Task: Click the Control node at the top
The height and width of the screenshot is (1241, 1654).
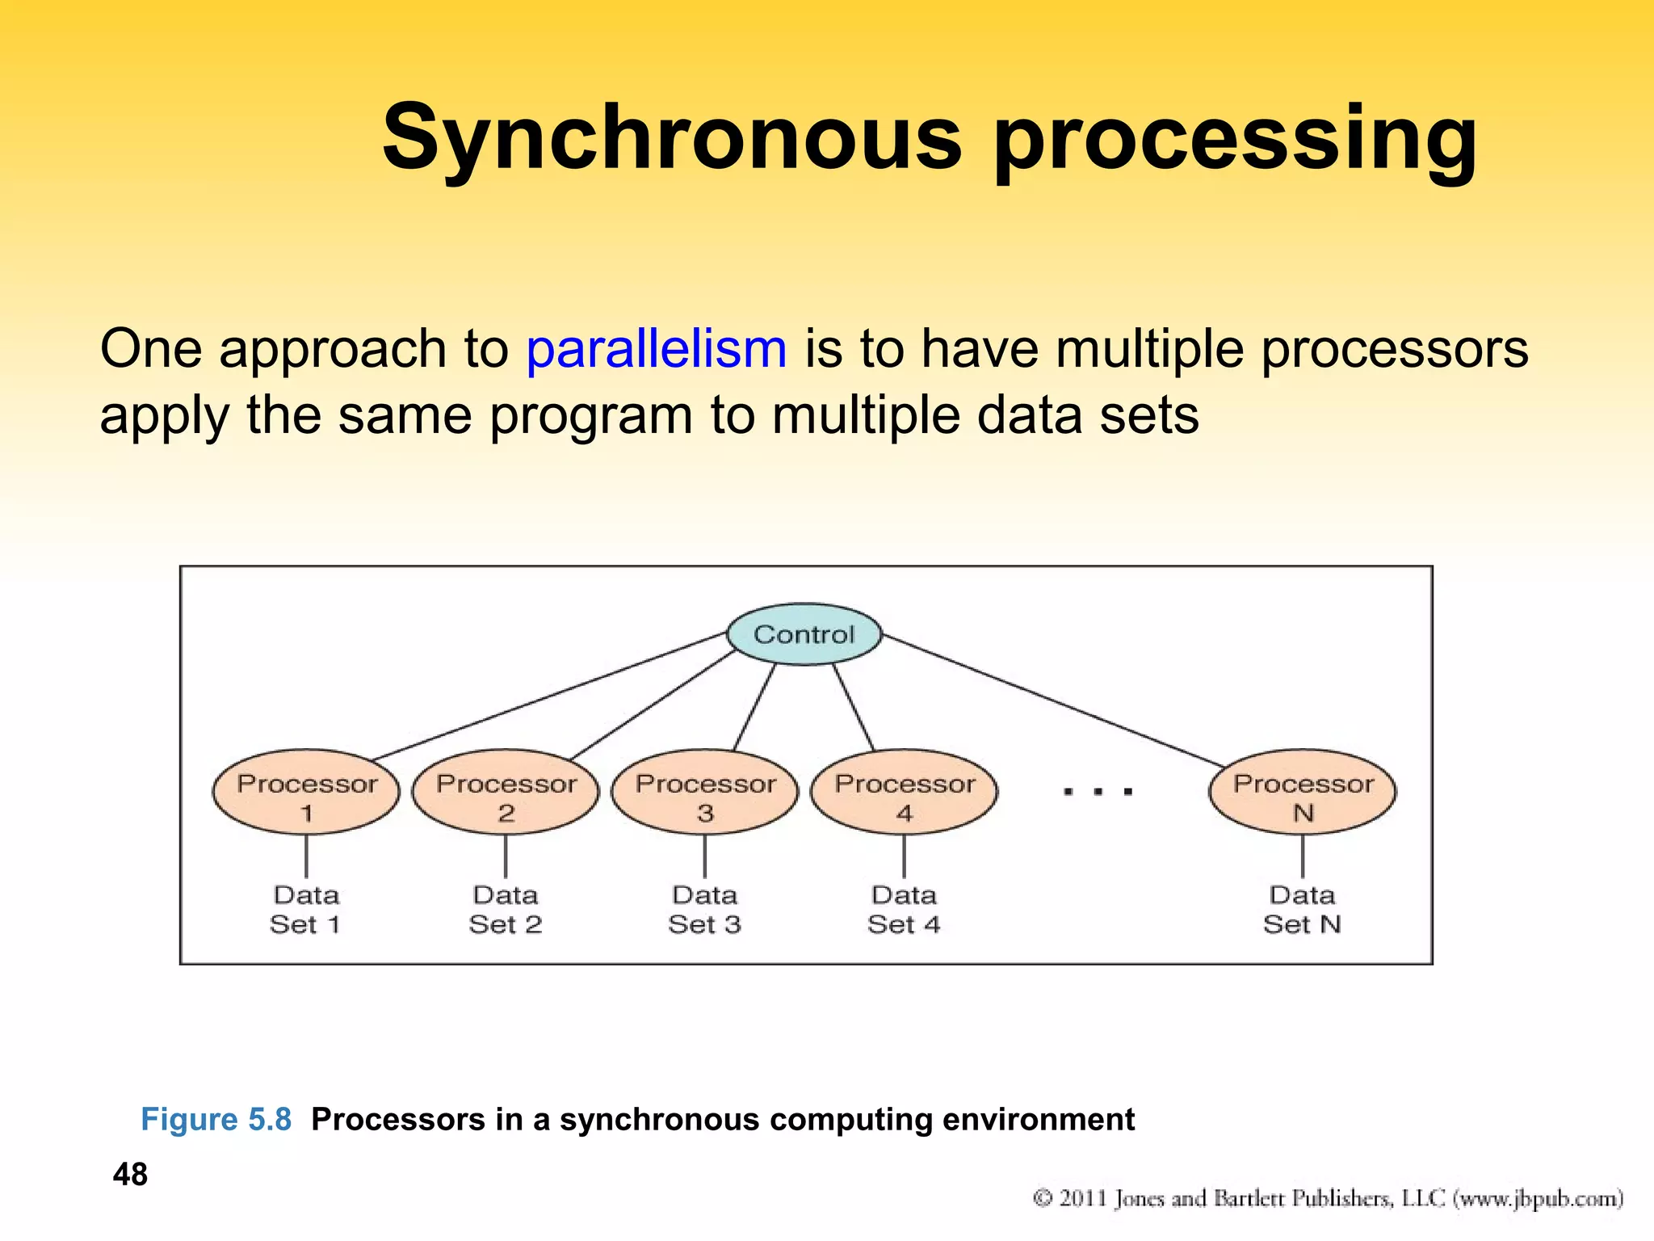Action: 804,634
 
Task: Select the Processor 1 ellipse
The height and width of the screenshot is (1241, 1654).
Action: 306,793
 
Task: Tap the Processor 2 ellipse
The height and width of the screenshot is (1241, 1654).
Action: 506,793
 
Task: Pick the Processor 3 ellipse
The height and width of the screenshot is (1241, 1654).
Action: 705,793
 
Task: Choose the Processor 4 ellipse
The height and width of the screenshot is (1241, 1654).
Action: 905,793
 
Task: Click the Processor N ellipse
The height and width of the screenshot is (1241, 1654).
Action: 1303,793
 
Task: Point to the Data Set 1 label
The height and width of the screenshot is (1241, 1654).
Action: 306,909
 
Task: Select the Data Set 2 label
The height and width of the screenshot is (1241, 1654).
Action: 506,909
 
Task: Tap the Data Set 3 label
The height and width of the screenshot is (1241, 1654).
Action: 705,909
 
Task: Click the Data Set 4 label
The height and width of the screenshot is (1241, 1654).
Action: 905,909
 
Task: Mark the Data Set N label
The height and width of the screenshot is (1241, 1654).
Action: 1303,909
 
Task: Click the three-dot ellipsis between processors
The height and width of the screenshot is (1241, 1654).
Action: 1098,792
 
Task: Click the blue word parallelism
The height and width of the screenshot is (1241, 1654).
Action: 656,349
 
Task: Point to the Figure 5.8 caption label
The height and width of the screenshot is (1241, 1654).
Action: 216,1120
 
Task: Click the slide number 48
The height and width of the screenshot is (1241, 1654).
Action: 130,1174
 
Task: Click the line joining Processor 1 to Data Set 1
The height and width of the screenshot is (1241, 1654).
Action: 306,856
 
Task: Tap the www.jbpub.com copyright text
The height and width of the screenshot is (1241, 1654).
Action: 1539,1198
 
